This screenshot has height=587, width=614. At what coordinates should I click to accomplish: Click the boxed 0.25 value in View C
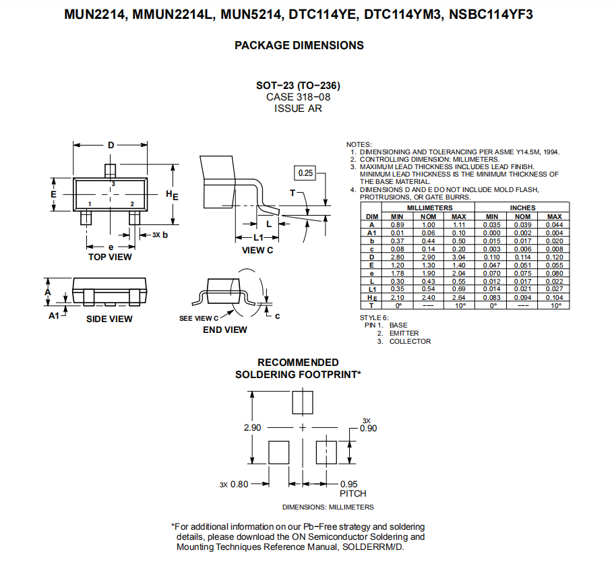(x=305, y=173)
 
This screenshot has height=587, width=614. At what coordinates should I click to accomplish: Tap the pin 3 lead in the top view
(x=111, y=171)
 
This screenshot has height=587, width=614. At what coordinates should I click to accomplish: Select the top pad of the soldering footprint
(x=303, y=402)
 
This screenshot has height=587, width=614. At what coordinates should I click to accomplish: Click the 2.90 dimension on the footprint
(x=252, y=428)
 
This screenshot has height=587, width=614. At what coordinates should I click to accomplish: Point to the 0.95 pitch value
(x=348, y=484)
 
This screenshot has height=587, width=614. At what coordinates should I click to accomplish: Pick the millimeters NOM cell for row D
(x=429, y=257)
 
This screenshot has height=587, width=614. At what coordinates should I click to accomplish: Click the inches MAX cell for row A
(x=554, y=225)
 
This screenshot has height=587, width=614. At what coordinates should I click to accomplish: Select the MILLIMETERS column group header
(x=429, y=208)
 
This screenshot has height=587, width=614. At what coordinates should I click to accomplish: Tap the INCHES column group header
(x=522, y=208)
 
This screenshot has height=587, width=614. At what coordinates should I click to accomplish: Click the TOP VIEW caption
(x=110, y=257)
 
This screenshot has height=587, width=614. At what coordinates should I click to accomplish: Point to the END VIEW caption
(x=224, y=330)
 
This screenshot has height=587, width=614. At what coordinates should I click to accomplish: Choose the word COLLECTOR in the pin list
(x=410, y=342)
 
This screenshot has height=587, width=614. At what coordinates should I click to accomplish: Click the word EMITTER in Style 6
(x=404, y=333)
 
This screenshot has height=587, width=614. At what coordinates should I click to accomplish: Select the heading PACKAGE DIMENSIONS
(x=299, y=45)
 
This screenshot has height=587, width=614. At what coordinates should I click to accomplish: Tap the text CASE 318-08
(x=299, y=97)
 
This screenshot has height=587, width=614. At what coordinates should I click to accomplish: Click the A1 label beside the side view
(x=54, y=315)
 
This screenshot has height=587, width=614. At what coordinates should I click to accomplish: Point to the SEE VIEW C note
(x=199, y=319)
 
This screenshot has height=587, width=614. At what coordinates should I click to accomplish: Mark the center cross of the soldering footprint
(x=303, y=428)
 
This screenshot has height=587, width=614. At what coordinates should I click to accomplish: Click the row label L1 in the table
(x=372, y=289)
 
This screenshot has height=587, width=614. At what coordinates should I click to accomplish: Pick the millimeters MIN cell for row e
(x=397, y=274)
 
